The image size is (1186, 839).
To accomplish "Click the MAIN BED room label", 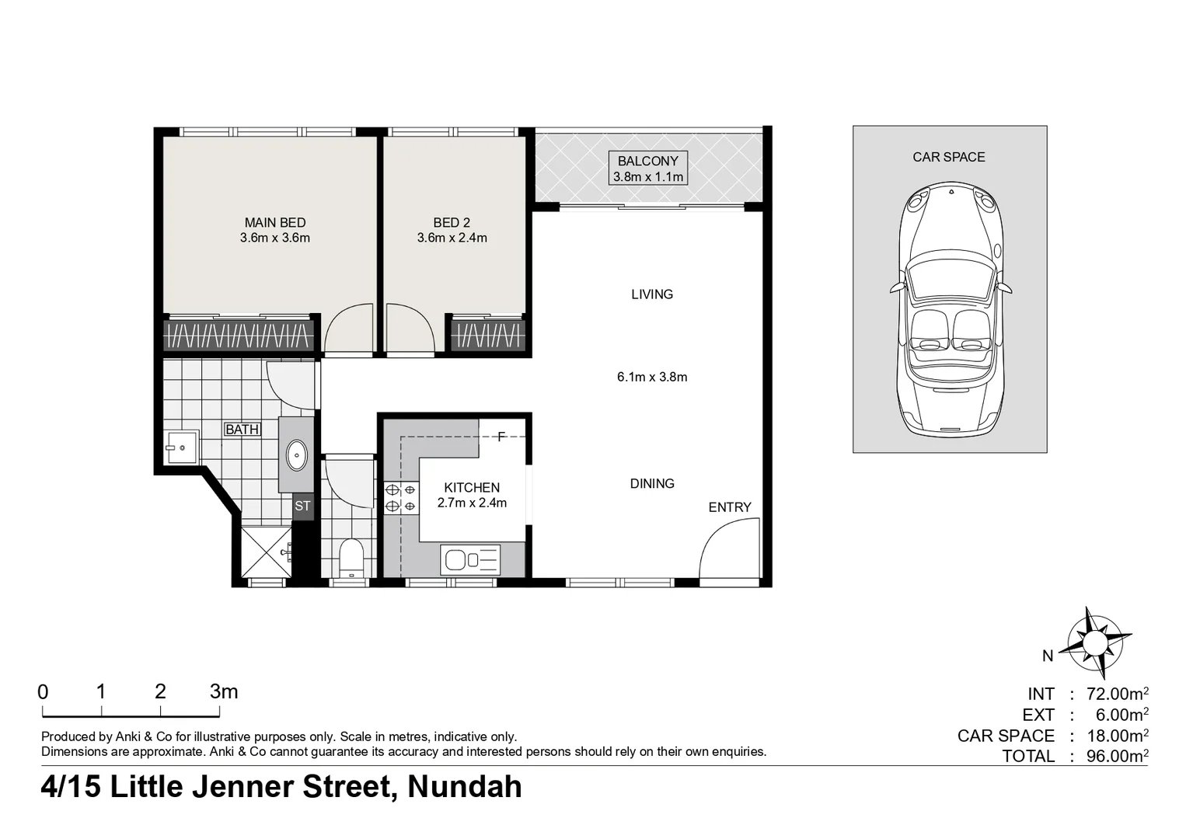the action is (275, 222).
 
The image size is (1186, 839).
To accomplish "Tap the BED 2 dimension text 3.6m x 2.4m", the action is (452, 238).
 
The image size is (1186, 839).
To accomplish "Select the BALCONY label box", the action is (648, 169).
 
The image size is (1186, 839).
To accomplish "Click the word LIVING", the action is (652, 294).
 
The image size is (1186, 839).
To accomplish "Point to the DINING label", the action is (652, 483).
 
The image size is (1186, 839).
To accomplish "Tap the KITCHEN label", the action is (471, 488).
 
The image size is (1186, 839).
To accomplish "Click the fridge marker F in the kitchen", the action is (501, 437).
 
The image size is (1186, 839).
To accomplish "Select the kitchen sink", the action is (469, 559).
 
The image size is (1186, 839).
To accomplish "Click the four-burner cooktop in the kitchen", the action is (401, 498).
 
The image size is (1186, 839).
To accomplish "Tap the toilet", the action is (351, 558).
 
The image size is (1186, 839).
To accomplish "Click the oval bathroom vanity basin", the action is (297, 454).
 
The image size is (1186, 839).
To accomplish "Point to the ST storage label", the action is (302, 506).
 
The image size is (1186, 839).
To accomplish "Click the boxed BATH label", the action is (242, 430).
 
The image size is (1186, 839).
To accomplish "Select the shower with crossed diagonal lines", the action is (267, 552).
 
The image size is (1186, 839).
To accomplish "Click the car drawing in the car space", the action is (951, 309).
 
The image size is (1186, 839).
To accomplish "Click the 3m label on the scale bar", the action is (223, 692).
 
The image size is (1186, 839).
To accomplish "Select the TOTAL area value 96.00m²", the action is (1117, 756).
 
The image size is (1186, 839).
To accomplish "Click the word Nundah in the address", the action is (464, 787).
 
